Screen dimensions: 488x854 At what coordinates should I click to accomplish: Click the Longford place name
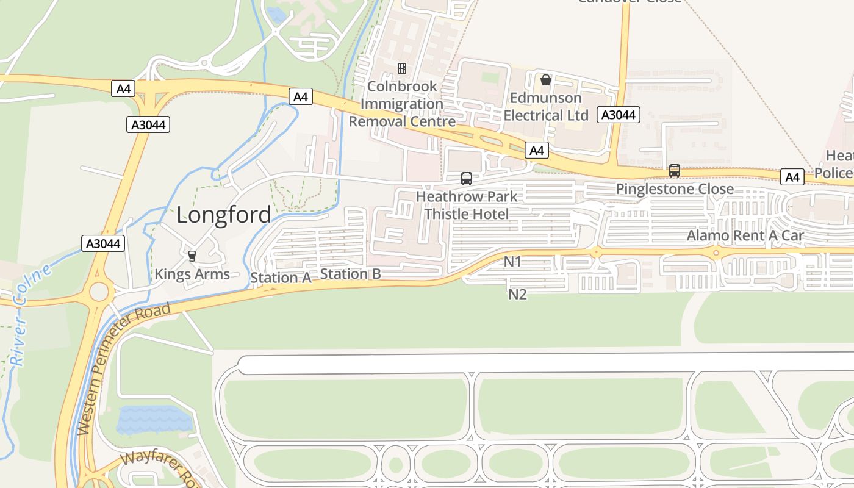224,215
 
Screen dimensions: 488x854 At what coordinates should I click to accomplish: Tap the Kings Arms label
192,274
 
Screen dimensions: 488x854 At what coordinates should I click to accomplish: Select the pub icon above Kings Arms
192,256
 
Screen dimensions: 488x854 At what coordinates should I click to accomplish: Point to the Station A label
281,278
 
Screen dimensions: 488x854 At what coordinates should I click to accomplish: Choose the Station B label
350,274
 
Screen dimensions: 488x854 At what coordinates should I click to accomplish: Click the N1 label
512,262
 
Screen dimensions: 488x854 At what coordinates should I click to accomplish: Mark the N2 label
517,294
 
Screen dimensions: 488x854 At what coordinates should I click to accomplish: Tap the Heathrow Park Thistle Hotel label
466,205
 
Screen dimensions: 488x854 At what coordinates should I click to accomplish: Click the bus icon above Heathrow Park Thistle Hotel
467,179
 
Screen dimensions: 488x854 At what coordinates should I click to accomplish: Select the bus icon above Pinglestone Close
675,171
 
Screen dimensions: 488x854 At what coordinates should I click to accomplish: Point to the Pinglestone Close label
675,189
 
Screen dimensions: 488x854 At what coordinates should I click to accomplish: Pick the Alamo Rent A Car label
745,235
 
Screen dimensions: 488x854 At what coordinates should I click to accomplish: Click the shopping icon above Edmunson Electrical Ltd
546,80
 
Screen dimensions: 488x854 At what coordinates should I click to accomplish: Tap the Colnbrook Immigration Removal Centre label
402,104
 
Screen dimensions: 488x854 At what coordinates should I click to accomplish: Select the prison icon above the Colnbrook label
402,68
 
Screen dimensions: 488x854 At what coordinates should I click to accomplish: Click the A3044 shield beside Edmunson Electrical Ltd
618,115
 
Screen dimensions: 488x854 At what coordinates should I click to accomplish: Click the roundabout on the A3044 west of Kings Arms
99,292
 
